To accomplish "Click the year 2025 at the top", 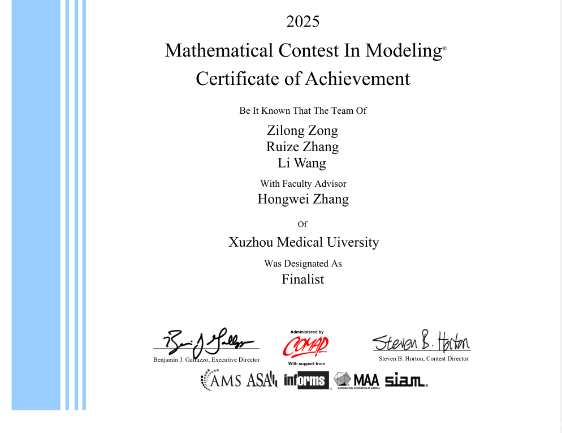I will [x=302, y=22].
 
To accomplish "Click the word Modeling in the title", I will [x=403, y=50].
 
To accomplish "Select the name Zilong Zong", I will [x=302, y=130].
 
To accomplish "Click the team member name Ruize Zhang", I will [x=302, y=147].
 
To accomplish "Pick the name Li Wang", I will [x=302, y=163].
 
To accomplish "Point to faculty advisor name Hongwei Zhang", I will [x=303, y=199].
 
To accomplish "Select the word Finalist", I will [x=302, y=279].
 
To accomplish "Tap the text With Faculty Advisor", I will [x=303, y=183].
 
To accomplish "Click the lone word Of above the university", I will [x=302, y=224].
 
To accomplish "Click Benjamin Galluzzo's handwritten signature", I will [x=206, y=341].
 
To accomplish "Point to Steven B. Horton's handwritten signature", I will [x=421, y=341].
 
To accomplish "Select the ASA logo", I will [x=261, y=379].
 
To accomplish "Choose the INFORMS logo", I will [x=306, y=380].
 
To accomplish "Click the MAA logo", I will [x=356, y=380].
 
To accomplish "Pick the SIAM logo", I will [x=405, y=381].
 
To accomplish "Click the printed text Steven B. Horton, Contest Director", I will [x=423, y=359].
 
